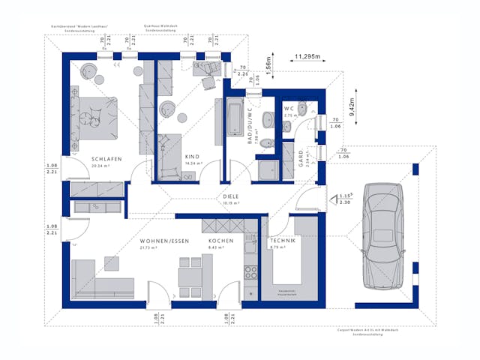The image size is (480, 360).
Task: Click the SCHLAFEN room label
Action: click(x=103, y=159)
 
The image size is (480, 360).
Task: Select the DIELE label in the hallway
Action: click(x=230, y=197)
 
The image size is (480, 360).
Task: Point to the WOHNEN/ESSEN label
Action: click(x=163, y=241)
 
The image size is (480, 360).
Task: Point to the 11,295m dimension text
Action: click(x=308, y=56)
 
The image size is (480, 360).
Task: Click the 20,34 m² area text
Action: click(x=103, y=166)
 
